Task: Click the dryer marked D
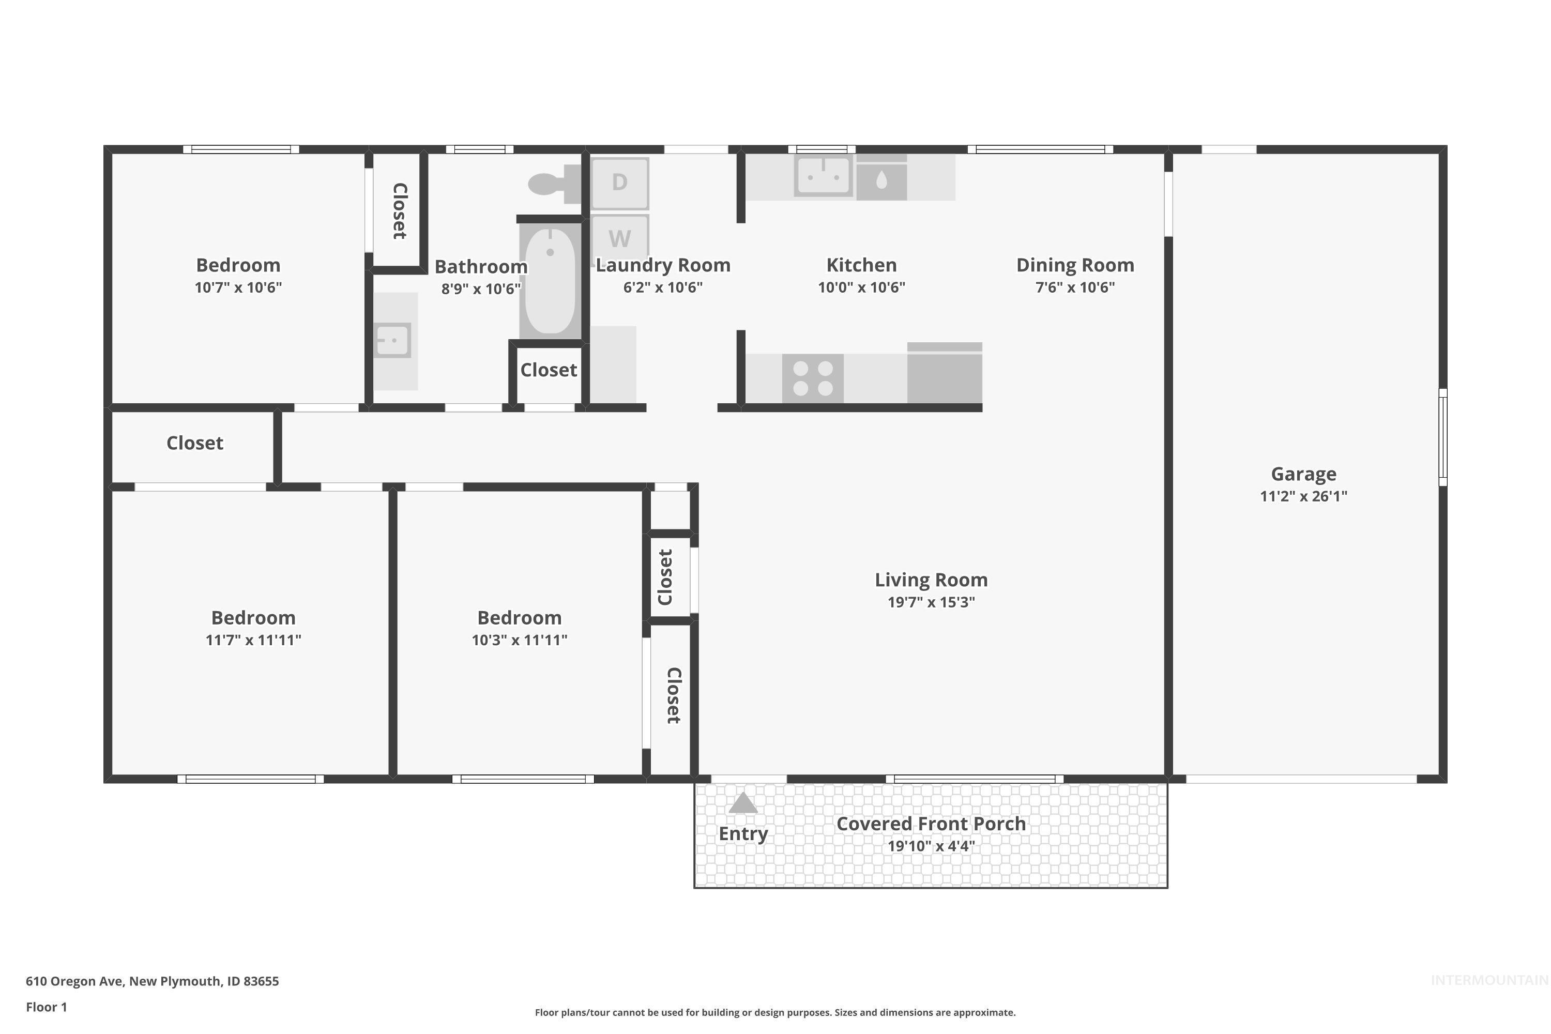click(619, 183)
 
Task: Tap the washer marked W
click(619, 237)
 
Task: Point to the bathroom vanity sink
click(393, 340)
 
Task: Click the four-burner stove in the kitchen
click(812, 378)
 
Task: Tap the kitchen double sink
click(823, 175)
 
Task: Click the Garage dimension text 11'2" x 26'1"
click(1303, 496)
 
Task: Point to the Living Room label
click(931, 580)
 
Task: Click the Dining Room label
click(1074, 265)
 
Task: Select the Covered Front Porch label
click(931, 824)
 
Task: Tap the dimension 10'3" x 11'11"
click(519, 640)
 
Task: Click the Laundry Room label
click(663, 265)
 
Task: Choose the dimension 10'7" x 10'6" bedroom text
click(238, 287)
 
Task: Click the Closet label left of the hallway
click(194, 443)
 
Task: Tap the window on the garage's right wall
click(1442, 437)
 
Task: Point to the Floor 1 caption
click(46, 1007)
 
